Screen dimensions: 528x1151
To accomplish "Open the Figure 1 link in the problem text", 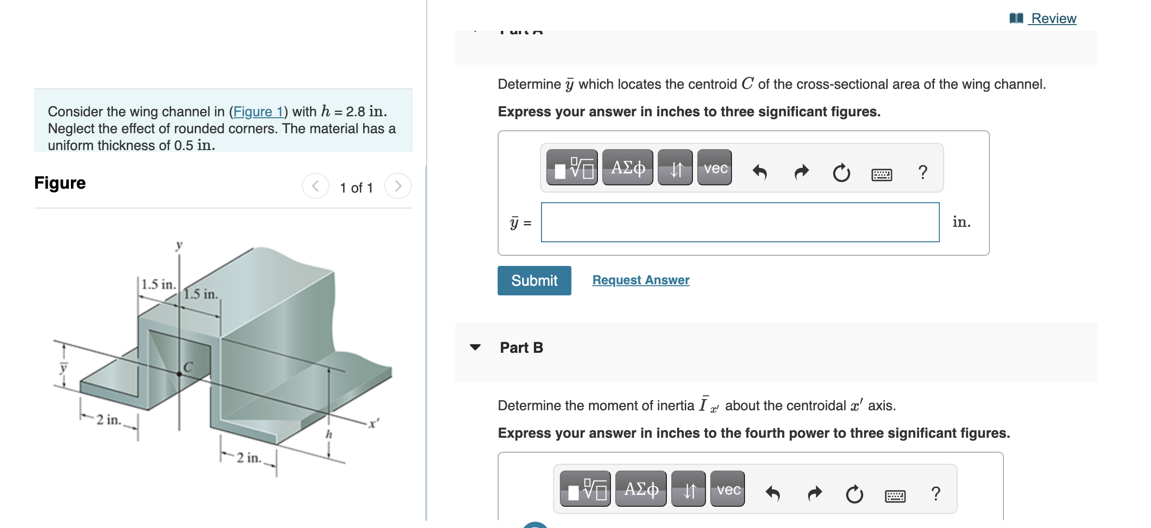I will pos(258,111).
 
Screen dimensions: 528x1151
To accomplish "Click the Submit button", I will pos(534,280).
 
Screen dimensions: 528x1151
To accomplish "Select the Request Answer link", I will pos(640,280).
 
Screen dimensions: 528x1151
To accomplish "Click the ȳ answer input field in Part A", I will pos(740,222).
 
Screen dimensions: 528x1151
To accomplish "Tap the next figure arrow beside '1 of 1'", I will pos(398,186).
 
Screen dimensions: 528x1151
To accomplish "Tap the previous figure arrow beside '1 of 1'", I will pos(315,186).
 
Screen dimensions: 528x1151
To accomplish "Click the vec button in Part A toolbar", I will pos(715,167).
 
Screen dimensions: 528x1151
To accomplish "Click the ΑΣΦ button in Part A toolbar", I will pos(627,167).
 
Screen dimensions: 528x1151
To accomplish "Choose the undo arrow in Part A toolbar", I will pos(760,171).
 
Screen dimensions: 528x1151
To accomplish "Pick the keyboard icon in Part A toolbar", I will pos(881,174).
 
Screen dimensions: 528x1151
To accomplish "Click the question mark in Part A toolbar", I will pos(922,172).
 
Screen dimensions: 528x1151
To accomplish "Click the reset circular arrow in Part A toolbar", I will pos(841,172).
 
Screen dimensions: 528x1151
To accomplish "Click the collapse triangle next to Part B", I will pos(475,347).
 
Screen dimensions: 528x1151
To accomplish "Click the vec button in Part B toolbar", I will pos(728,489).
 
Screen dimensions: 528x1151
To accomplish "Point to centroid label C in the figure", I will pos(188,367).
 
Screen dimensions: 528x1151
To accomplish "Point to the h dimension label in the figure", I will pos(329,434).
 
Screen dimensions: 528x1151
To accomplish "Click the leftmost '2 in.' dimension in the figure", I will pos(108,419).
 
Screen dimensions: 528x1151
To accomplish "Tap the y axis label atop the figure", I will pos(179,245).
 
